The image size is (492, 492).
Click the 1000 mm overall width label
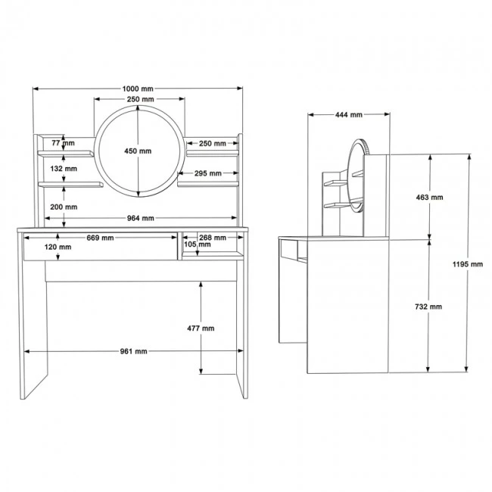[139, 89]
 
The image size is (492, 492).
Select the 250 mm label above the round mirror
[140, 100]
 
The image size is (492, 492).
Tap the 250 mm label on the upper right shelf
[212, 143]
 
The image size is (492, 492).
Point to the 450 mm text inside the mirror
[138, 151]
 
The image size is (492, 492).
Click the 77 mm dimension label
[64, 142]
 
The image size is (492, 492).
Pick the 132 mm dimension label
[64, 169]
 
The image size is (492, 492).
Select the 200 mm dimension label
[64, 206]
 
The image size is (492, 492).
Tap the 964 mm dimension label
[141, 219]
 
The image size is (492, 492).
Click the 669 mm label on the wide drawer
[100, 238]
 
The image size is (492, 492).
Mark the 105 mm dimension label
[196, 244]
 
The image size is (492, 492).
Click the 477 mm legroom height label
[201, 329]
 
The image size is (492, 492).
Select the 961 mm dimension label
[132, 352]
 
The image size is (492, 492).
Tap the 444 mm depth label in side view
[349, 115]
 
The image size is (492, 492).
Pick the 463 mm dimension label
[430, 197]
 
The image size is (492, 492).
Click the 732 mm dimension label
[430, 307]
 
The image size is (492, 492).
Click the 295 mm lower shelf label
[208, 173]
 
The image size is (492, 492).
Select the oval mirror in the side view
[357, 174]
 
